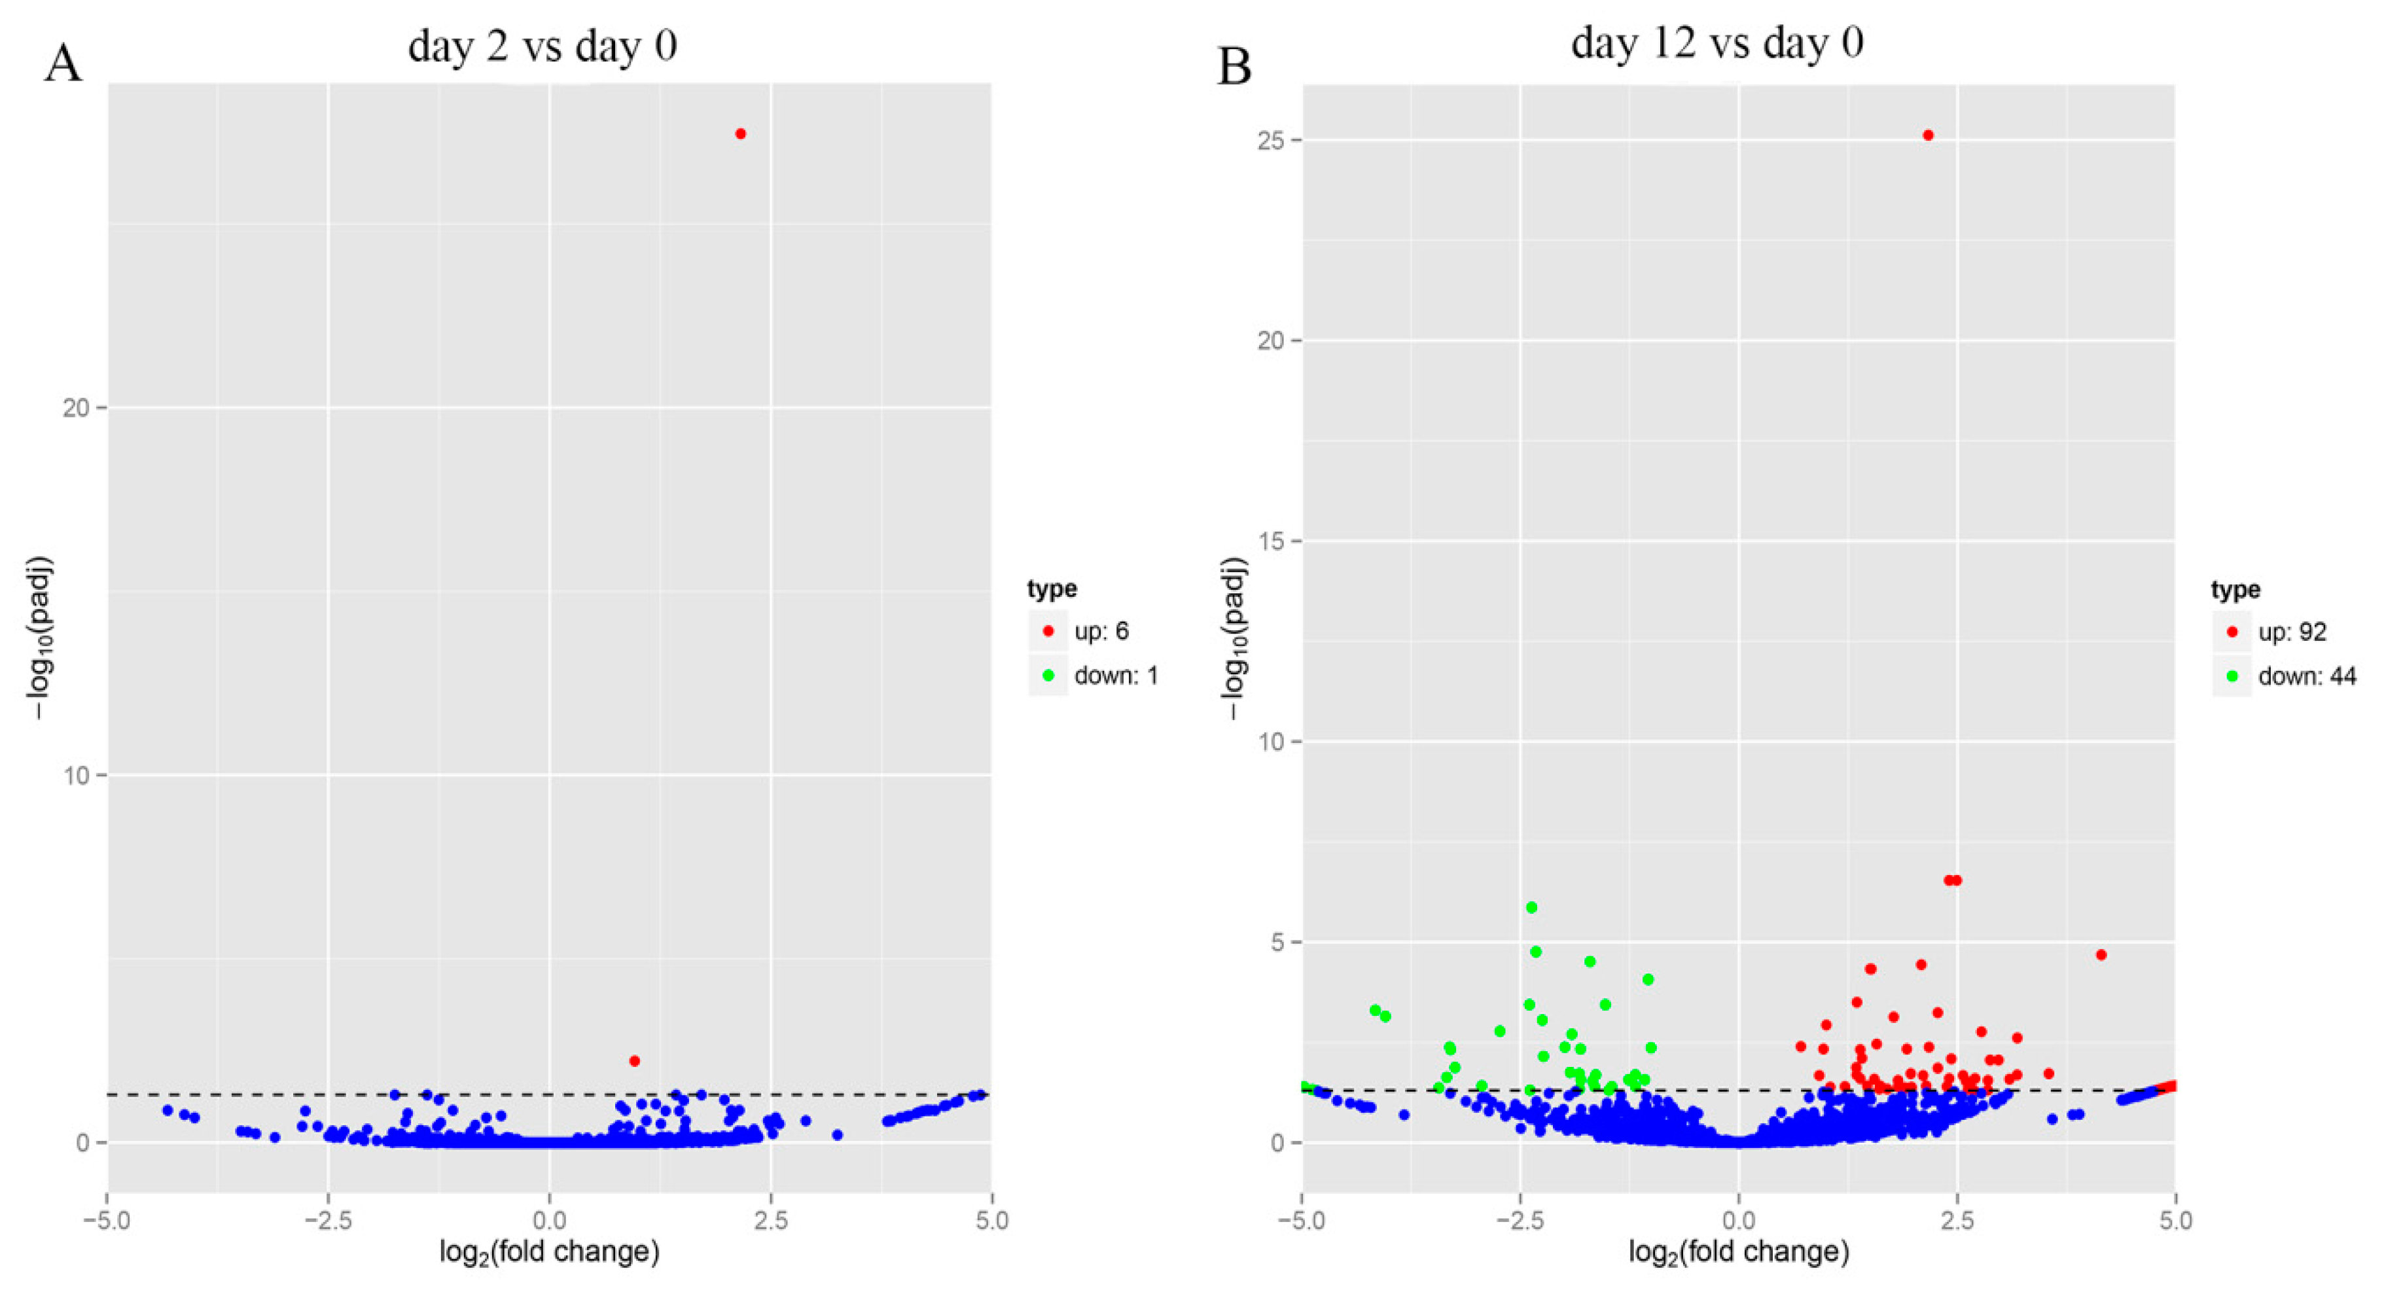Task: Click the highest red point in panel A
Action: click(740, 134)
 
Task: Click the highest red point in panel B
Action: click(1928, 135)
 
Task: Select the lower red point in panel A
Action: click(634, 1061)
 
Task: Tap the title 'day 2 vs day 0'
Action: click(543, 45)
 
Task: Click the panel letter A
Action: click(63, 65)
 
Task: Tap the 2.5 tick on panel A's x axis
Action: click(770, 1220)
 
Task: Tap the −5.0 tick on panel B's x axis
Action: click(1301, 1220)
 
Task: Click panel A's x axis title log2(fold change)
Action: click(549, 1253)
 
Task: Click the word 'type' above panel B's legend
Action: click(2235, 590)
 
